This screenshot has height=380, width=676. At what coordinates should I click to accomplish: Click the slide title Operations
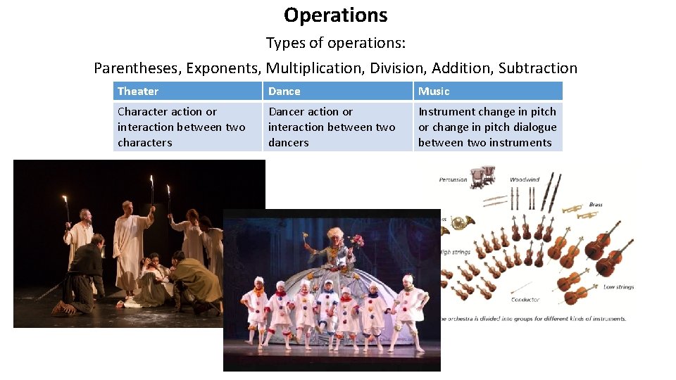tap(335, 15)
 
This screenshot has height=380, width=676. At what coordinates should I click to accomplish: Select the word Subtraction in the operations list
tap(537, 68)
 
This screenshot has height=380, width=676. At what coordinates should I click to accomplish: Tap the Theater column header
tap(138, 91)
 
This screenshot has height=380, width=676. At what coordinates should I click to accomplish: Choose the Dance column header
tap(284, 91)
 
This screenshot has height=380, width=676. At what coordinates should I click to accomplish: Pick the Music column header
tap(434, 91)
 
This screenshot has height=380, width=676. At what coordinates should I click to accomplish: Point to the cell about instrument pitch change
tap(487, 127)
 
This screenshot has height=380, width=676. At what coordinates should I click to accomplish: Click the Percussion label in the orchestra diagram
tap(453, 179)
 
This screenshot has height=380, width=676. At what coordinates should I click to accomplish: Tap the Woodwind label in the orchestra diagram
tap(525, 179)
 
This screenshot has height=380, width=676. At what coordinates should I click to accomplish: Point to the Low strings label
tap(618, 287)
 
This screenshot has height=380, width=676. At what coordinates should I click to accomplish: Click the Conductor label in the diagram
tap(525, 300)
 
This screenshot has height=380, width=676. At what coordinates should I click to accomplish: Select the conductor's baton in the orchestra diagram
tap(521, 287)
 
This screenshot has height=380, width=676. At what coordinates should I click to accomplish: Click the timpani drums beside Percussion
tap(482, 177)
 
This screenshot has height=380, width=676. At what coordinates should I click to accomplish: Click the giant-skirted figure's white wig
tap(333, 233)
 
